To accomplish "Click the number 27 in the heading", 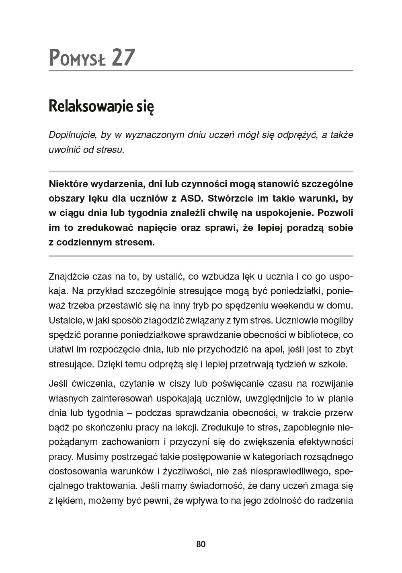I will [x=123, y=57].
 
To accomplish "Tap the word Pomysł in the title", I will [x=77, y=58].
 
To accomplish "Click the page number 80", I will [x=201, y=544].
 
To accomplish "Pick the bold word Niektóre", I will [x=69, y=184].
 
